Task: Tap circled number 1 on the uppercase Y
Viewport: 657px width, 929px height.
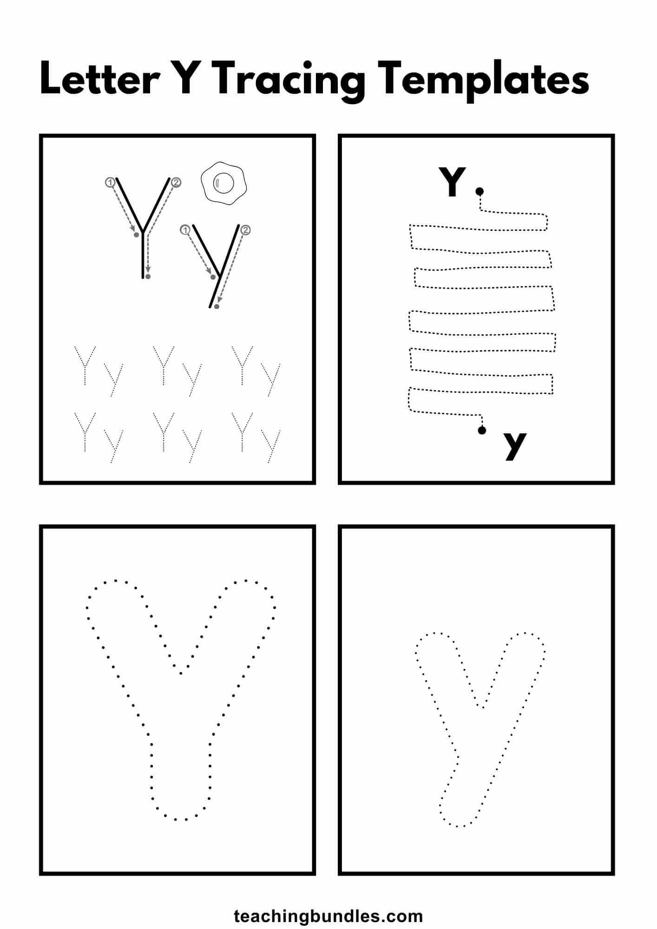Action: click(110, 183)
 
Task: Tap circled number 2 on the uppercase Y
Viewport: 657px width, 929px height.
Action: click(176, 183)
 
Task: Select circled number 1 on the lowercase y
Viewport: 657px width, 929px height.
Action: click(185, 230)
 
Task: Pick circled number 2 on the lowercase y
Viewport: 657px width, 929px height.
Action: click(246, 230)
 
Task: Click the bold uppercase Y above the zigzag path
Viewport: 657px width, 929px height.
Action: click(452, 182)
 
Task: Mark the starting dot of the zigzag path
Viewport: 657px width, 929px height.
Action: click(480, 191)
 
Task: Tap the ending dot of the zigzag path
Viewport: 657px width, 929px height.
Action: click(482, 430)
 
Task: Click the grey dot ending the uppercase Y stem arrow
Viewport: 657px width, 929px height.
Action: click(148, 277)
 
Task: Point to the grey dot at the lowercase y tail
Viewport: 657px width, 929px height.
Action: click(216, 307)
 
